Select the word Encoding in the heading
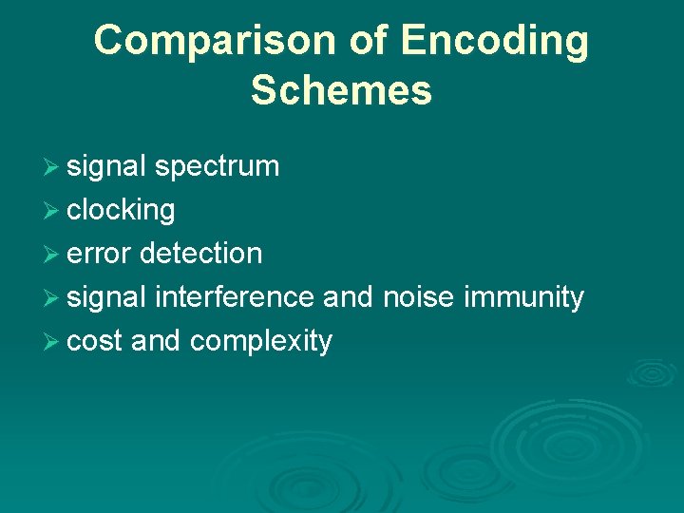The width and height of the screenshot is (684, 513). click(x=495, y=41)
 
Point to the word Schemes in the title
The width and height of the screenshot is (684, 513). click(x=341, y=91)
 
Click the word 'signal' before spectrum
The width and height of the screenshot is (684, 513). click(x=106, y=167)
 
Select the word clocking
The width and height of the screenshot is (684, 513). click(x=121, y=211)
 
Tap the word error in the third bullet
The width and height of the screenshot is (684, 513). click(x=100, y=254)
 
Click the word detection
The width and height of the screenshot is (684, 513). click(x=200, y=254)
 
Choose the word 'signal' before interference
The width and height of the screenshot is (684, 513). click(x=106, y=298)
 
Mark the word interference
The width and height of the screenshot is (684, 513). click(x=234, y=297)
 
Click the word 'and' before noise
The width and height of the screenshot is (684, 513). click(x=349, y=297)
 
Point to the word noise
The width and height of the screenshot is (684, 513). click(x=419, y=297)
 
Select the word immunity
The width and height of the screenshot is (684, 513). click(x=523, y=298)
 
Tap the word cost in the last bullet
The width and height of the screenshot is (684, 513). click(x=95, y=341)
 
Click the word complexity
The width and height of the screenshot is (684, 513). click(x=261, y=342)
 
